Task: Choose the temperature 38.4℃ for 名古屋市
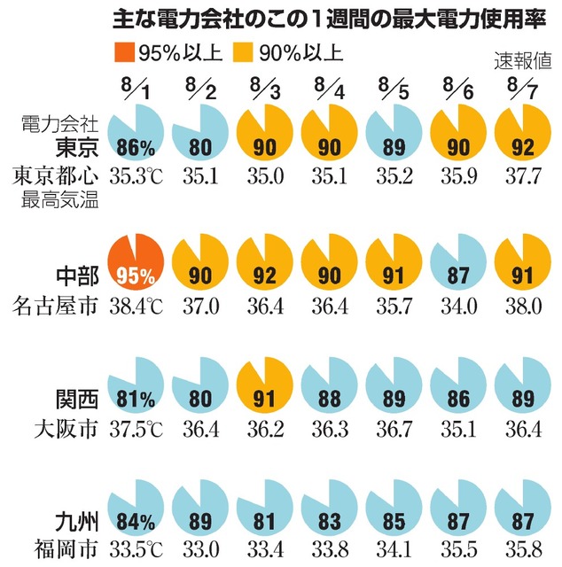(x=135, y=307)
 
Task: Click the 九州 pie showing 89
(x=199, y=515)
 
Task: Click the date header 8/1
(x=135, y=89)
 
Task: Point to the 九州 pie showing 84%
(x=135, y=515)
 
